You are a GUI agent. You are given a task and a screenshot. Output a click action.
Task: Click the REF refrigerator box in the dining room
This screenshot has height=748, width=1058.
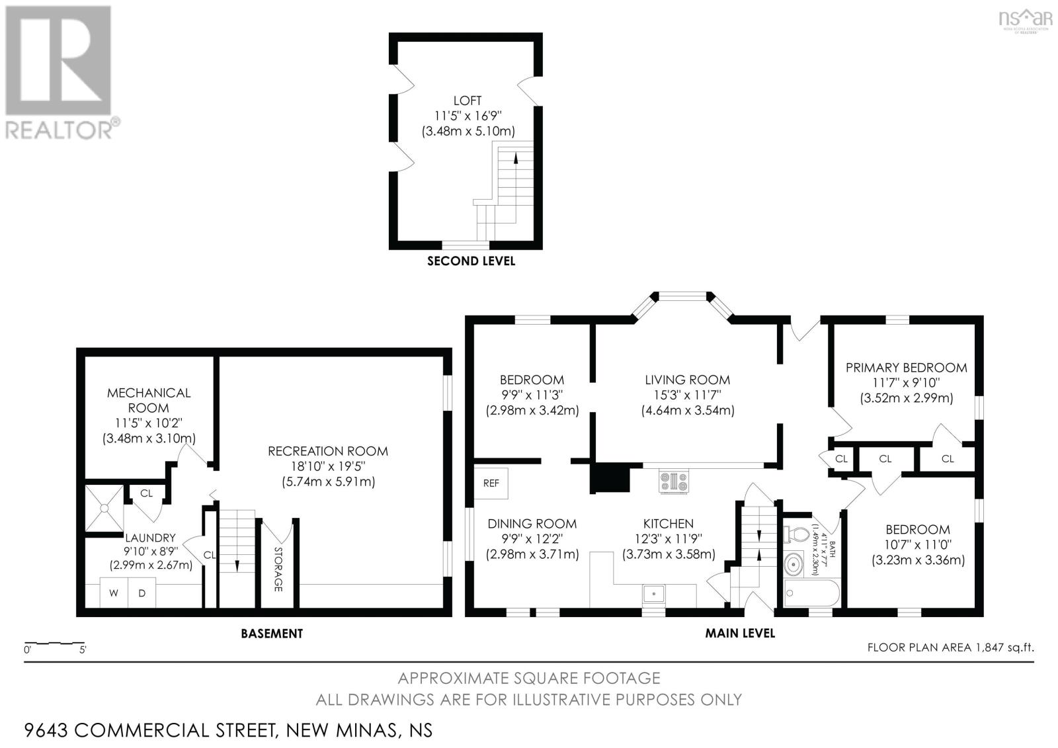[491, 483]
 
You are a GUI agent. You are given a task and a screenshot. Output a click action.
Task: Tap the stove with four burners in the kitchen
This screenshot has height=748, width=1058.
[674, 481]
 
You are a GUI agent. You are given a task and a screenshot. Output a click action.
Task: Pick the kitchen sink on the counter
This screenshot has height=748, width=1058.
[654, 593]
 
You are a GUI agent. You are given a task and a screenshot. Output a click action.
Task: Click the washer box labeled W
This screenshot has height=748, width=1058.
[114, 593]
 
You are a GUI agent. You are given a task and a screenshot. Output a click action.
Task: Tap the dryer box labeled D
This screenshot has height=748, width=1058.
[142, 593]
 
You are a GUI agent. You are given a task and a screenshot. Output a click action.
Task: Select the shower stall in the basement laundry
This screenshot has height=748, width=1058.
[104, 508]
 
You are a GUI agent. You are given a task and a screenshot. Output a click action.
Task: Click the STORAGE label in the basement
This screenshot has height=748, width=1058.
[278, 569]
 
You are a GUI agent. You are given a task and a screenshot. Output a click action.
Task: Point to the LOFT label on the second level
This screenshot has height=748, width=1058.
[467, 101]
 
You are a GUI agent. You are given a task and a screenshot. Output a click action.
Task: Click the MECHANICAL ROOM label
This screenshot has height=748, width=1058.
[149, 400]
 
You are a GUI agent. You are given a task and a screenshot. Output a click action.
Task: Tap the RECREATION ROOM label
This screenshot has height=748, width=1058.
[328, 451]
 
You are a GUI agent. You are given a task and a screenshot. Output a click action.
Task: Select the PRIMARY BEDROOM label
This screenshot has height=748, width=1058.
[907, 368]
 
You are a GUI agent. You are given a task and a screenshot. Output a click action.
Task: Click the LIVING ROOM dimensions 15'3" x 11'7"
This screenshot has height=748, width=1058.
[687, 395]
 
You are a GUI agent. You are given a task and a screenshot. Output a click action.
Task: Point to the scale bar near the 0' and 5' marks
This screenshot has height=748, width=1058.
[55, 643]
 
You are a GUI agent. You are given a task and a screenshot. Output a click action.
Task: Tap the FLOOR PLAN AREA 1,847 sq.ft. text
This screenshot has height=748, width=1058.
[950, 647]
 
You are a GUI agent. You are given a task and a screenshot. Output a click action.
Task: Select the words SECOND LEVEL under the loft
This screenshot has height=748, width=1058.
[471, 261]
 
